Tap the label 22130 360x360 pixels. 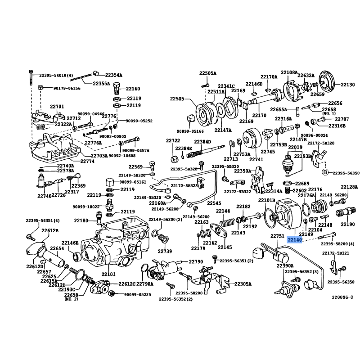[x=348, y=85]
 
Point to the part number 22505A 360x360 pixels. [x=208, y=73]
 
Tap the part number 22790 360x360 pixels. [x=196, y=261]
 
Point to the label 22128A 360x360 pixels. [x=349, y=187]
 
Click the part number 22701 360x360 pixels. [x=57, y=107]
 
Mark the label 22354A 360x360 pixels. [x=114, y=75]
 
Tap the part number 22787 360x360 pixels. [x=342, y=119]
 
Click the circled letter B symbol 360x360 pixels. [x=324, y=172]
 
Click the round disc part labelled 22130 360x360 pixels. [x=328, y=81]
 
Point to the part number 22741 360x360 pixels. [x=256, y=160]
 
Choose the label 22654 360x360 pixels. [x=57, y=248]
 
